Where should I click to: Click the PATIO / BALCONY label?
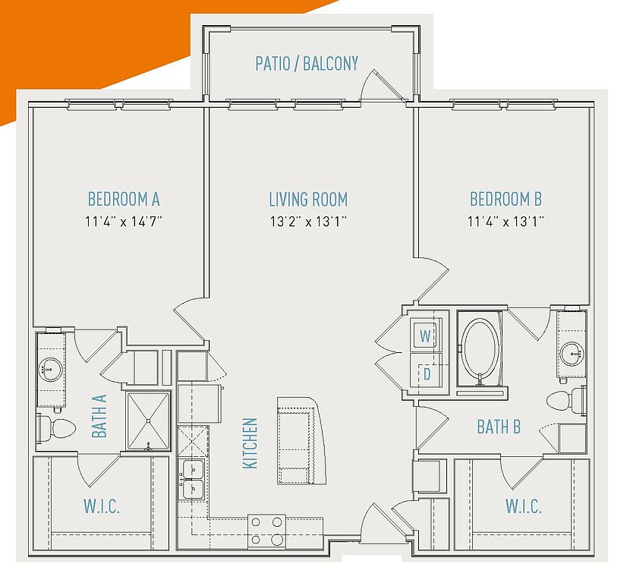(x=307, y=64)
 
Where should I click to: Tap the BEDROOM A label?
(x=124, y=199)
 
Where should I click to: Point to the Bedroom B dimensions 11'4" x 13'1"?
(x=506, y=221)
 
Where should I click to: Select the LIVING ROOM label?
(x=308, y=200)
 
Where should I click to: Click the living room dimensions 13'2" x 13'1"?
(x=308, y=221)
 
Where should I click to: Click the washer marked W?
(x=426, y=335)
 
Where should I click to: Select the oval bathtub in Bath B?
(x=480, y=347)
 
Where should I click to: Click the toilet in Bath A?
(x=56, y=428)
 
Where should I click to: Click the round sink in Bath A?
(x=50, y=369)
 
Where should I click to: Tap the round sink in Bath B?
(x=572, y=354)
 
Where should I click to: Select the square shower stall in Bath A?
(x=148, y=421)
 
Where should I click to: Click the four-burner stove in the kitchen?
(x=266, y=531)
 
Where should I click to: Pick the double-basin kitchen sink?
(x=192, y=479)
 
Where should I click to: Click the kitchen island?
(x=301, y=440)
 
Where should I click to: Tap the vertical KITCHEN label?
(x=250, y=443)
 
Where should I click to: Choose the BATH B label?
(x=499, y=427)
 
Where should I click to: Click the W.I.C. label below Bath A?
(x=102, y=506)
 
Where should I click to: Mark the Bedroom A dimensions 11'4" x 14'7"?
(x=124, y=221)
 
